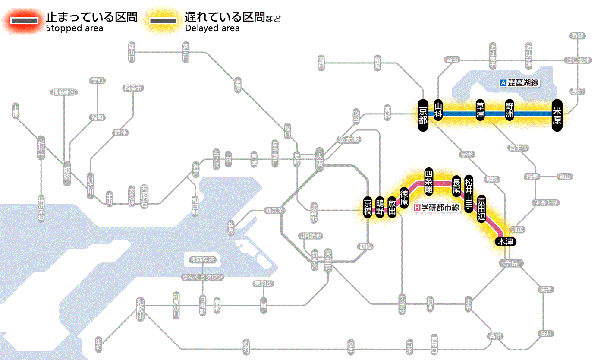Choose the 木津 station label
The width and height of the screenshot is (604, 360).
[x=505, y=242]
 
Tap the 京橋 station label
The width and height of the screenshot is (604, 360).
[x=368, y=208]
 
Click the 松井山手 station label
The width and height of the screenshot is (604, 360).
[x=469, y=191]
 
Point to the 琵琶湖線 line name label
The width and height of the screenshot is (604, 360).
[x=519, y=83]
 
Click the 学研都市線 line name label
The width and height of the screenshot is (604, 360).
[x=437, y=208]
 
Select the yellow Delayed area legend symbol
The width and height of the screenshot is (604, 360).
[x=163, y=21]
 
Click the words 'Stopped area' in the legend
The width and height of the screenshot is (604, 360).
[x=74, y=28]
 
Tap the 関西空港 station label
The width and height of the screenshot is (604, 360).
[x=202, y=260]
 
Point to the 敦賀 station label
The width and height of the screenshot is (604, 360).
[x=578, y=36]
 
